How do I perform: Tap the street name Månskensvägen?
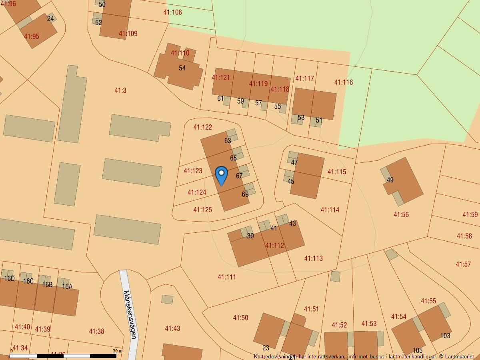click(130, 314)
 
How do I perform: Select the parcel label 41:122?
click(202, 127)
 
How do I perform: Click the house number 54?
click(182, 68)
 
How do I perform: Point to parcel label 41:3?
click(120, 90)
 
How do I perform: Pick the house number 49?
click(390, 180)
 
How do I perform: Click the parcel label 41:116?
click(344, 82)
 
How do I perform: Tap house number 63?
click(228, 141)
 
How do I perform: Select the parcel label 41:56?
click(401, 215)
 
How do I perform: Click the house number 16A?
click(67, 286)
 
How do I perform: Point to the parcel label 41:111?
click(227, 277)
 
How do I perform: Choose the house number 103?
click(445, 336)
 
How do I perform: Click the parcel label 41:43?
click(172, 328)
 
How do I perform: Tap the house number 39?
click(250, 236)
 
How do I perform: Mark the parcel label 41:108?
click(172, 12)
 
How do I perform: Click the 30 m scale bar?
click(63, 355)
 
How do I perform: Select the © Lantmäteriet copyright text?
click(456, 356)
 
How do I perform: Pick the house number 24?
click(50, 18)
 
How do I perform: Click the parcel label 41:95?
click(31, 36)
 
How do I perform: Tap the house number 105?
click(417, 351)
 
